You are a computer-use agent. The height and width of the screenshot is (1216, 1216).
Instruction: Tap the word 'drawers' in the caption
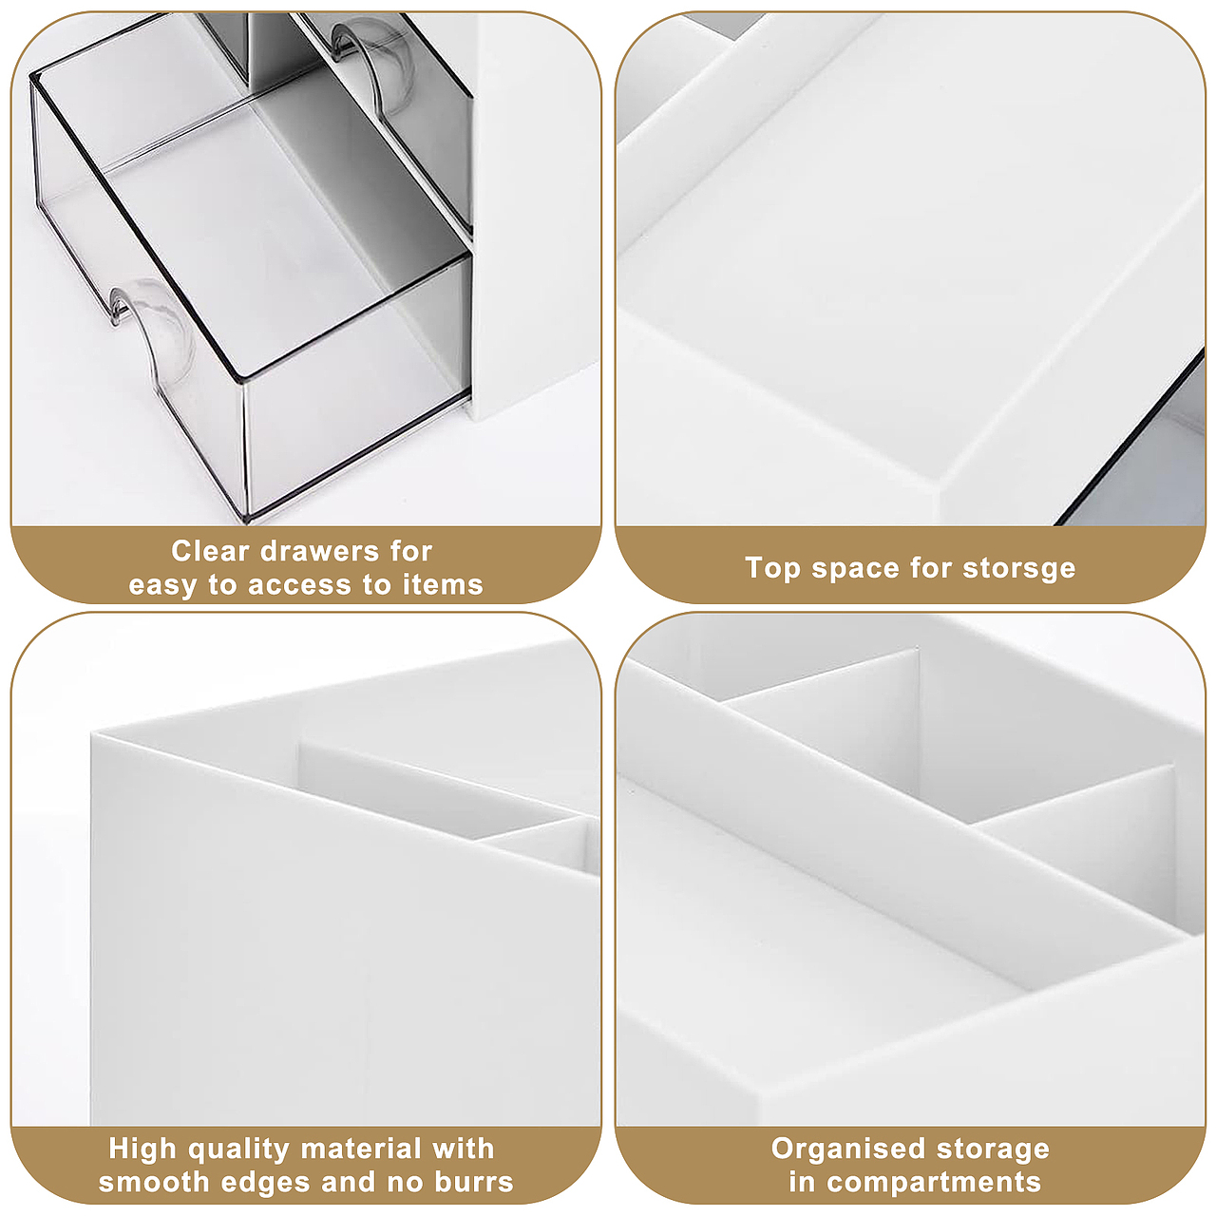click(319, 551)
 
